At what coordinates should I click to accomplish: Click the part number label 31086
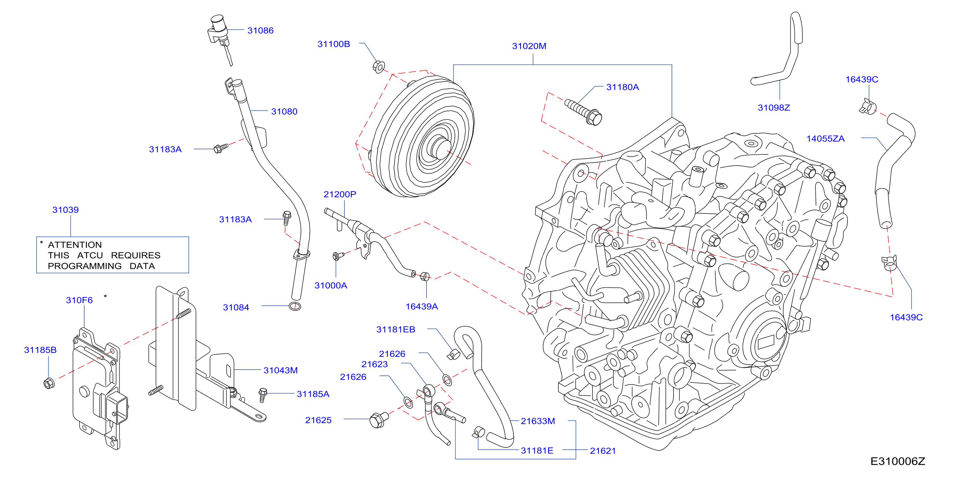pyautogui.click(x=260, y=31)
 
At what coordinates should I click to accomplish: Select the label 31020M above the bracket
pyautogui.click(x=529, y=46)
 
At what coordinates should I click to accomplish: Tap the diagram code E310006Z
pyautogui.click(x=897, y=461)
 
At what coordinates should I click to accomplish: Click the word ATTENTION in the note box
pyautogui.click(x=75, y=245)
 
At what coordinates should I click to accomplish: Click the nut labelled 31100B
pyautogui.click(x=379, y=67)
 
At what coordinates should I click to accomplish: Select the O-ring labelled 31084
pyautogui.click(x=295, y=306)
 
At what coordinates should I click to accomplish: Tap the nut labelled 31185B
pyautogui.click(x=49, y=383)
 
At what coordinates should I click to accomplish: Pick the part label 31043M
pyautogui.click(x=280, y=370)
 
